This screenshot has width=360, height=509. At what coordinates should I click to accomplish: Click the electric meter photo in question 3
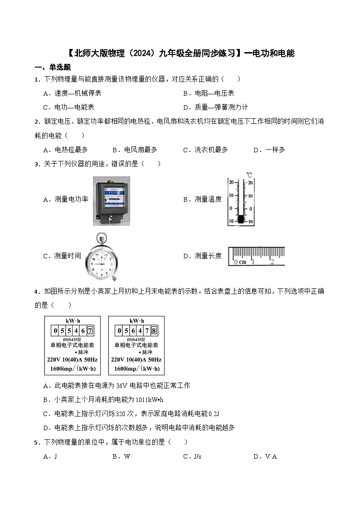(x=112, y=201)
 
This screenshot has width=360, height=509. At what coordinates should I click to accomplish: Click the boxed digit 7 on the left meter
(x=90, y=330)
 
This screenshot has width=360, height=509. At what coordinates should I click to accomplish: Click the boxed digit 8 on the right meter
(x=154, y=330)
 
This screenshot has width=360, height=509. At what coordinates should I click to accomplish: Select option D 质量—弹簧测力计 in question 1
(x=215, y=107)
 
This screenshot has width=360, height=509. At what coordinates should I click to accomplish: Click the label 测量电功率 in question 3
(x=71, y=199)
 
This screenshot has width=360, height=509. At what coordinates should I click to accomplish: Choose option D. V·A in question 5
(x=265, y=456)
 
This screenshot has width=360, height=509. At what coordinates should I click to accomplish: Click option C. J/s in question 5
(x=192, y=456)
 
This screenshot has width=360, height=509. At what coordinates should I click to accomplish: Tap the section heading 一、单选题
(x=53, y=67)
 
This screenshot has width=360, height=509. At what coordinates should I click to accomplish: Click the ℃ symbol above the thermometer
(x=249, y=174)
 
